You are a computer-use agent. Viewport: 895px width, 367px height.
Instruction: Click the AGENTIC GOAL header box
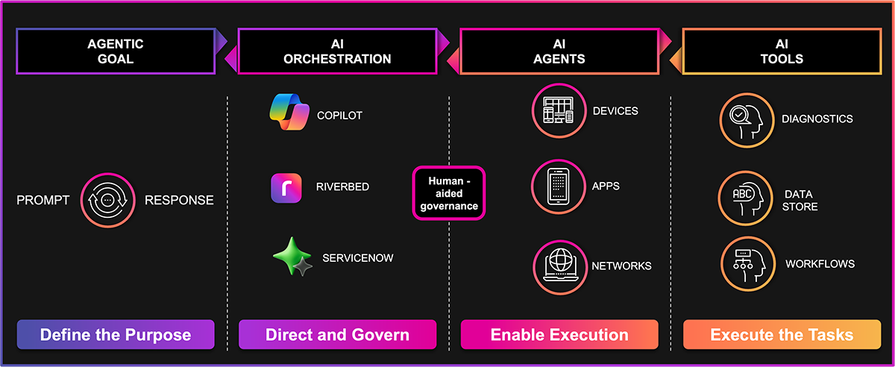point(116,51)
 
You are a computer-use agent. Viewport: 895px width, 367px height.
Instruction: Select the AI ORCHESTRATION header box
point(337,51)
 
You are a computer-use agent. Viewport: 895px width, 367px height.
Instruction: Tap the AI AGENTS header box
point(559,51)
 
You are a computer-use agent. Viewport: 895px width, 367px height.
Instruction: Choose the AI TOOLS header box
point(782,51)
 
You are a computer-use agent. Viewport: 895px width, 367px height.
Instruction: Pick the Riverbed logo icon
point(286,187)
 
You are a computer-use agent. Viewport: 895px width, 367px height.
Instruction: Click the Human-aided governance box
point(449,193)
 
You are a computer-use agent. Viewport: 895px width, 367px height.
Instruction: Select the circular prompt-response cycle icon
point(107,200)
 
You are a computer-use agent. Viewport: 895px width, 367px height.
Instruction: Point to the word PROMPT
point(43,200)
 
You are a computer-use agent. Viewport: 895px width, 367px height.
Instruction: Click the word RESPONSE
point(179,200)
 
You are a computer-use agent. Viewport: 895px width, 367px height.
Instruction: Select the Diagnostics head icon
point(744,120)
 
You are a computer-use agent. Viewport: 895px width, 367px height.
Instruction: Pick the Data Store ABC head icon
point(744,199)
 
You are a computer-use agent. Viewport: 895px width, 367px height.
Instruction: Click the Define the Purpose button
point(116,335)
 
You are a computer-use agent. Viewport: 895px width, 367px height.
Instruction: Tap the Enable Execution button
point(559,335)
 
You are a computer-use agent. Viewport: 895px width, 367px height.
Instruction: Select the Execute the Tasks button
point(782,335)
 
